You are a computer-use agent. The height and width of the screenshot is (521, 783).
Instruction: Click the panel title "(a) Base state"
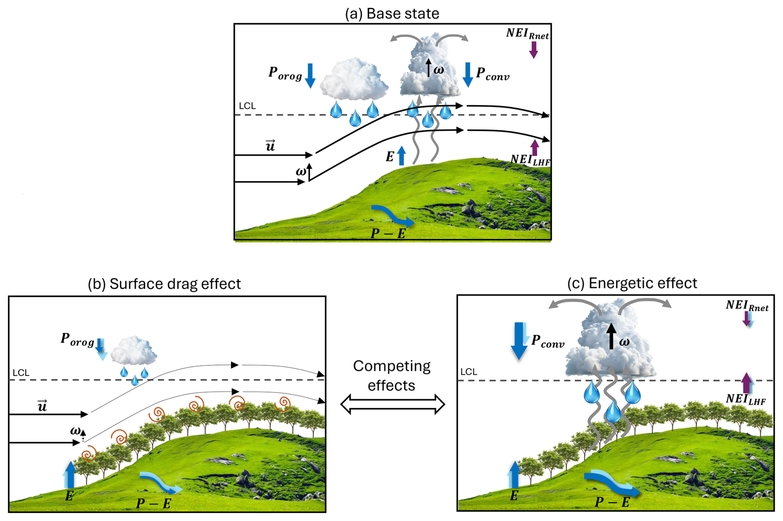392,14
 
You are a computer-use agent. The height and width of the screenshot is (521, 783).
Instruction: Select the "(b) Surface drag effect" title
164,284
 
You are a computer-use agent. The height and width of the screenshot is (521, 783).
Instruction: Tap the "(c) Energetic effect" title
632,283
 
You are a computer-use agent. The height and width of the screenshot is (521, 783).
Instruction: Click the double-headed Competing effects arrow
392,404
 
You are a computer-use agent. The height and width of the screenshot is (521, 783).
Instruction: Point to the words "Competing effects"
391,376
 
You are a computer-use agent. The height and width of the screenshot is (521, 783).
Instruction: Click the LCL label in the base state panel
247,106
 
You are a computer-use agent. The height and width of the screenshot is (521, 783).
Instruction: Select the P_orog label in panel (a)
285,74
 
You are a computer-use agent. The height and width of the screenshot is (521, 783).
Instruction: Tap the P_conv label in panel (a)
492,74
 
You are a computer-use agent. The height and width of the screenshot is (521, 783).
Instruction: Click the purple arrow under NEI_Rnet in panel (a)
534,49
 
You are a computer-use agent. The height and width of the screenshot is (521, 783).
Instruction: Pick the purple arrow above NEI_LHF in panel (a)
535,147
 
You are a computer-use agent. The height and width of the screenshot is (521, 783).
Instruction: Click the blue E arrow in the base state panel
401,156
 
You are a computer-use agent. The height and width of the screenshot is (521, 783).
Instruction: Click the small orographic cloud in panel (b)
134,351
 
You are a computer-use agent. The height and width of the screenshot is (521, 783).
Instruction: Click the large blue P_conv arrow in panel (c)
519,340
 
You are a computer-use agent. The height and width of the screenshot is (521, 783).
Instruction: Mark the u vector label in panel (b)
42,406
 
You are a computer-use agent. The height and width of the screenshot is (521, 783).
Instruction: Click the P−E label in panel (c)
612,502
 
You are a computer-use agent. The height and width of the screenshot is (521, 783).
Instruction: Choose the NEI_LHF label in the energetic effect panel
746,399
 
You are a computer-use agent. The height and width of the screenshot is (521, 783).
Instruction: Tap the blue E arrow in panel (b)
70,474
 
